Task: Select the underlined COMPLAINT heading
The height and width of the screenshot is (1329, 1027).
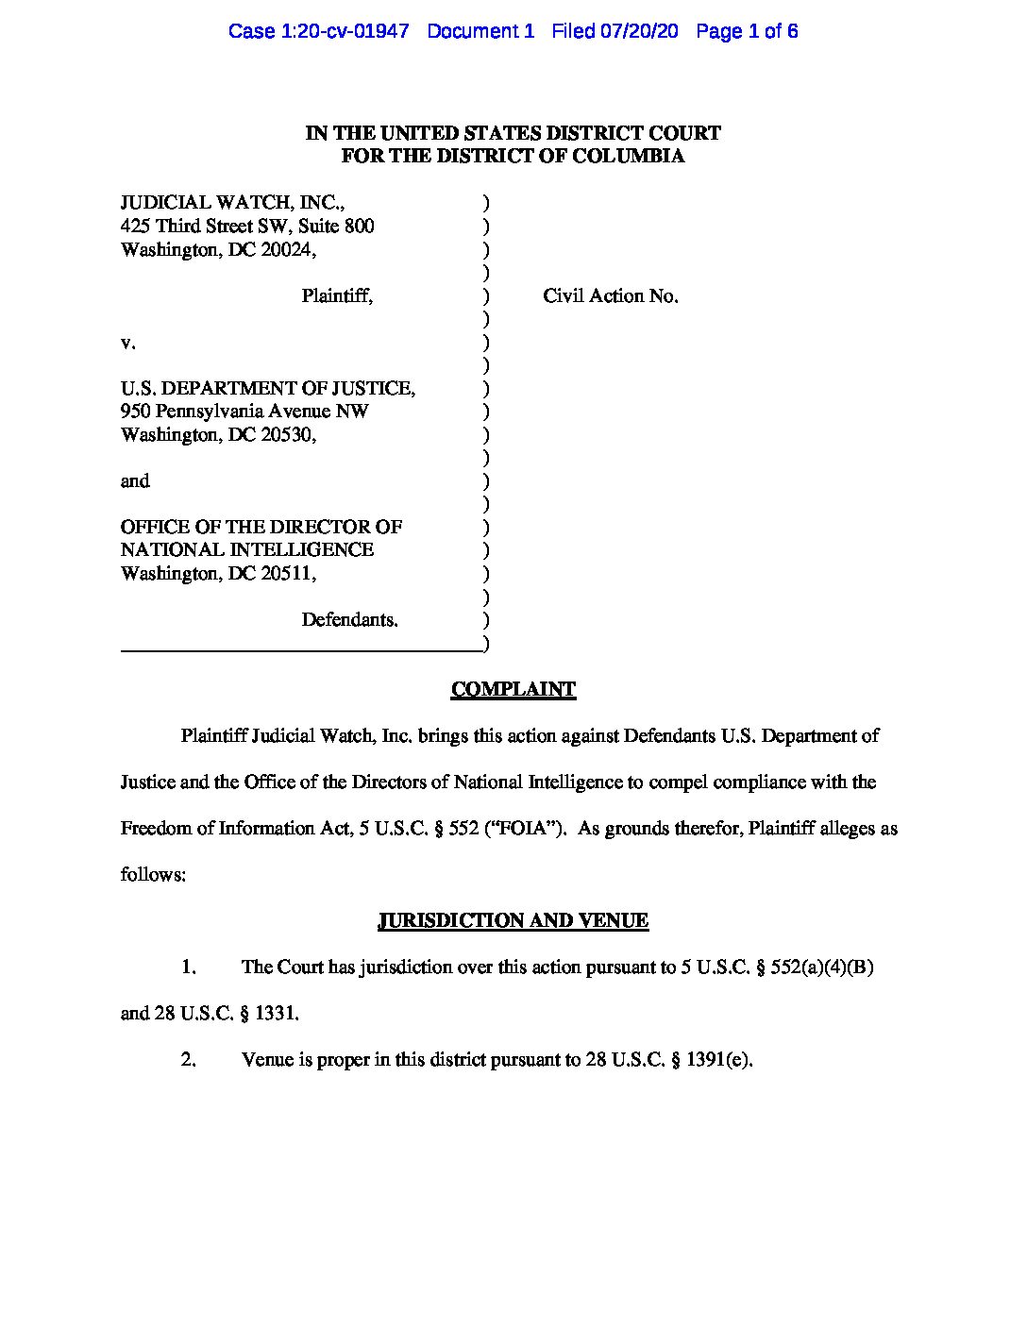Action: pos(513,690)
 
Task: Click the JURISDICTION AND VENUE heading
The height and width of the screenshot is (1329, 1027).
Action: pos(513,921)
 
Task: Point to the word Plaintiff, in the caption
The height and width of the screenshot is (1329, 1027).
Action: pos(337,296)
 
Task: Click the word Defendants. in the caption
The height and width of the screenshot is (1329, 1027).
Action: pos(349,620)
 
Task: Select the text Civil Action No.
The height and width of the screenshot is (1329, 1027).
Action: pos(610,296)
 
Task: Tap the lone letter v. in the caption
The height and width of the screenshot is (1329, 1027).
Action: pos(127,343)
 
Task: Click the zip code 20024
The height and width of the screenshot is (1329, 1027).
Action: pos(286,250)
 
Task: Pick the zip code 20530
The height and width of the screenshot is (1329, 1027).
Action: pos(286,435)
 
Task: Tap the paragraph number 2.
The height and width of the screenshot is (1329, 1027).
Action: pos(188,1060)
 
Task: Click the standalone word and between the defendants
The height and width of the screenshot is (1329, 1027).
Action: pos(135,481)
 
